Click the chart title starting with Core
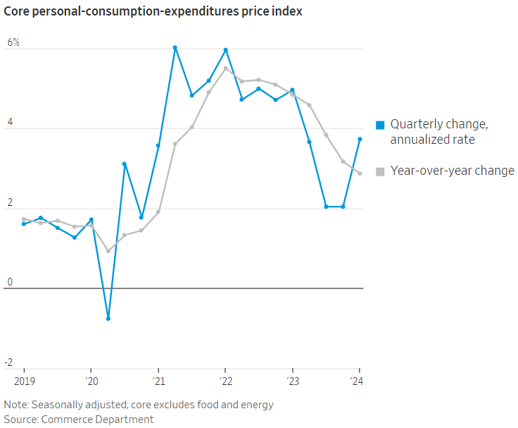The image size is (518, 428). tap(153, 12)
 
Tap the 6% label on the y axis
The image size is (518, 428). tap(13, 42)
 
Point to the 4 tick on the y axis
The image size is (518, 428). tap(10, 123)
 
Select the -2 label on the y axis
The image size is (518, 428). tap(8, 362)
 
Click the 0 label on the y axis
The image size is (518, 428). tap(10, 283)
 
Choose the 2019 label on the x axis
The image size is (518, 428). tap(24, 381)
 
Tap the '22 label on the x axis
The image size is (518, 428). tap(225, 381)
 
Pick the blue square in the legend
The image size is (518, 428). tap(380, 125)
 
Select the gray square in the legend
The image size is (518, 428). tap(380, 171)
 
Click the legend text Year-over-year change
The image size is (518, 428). tap(453, 171)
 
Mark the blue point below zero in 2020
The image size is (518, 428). tap(108, 319)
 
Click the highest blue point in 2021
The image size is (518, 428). tap(175, 47)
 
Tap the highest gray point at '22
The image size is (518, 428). tap(225, 68)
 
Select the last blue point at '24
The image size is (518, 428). tap(360, 139)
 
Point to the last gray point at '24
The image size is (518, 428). tap(360, 173)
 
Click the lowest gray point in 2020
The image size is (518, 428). tap(108, 251)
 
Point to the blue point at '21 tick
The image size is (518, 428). tap(158, 146)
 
